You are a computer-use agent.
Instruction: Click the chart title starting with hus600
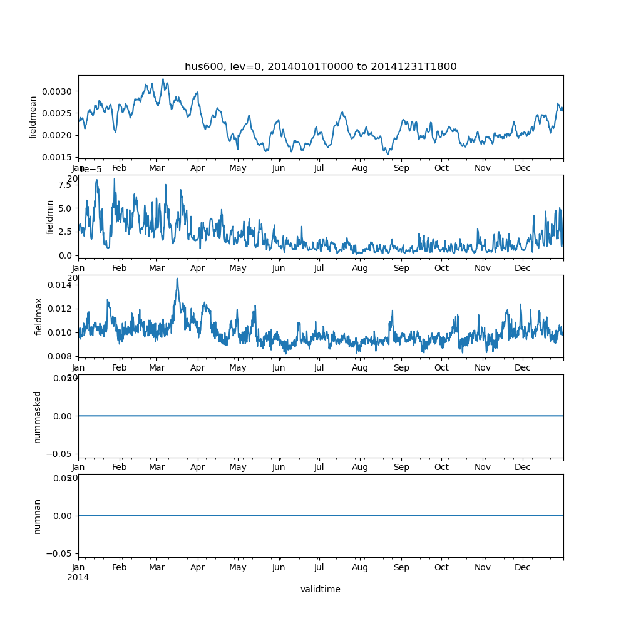[x=321, y=66]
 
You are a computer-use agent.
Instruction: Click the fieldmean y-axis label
[x=33, y=117]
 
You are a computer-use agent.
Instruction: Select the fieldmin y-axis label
[x=51, y=217]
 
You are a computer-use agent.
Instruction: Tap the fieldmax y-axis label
[x=39, y=316]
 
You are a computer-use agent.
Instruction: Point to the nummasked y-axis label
[x=38, y=416]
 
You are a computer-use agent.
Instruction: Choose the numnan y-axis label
[x=38, y=516]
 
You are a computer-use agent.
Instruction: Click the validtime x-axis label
[x=320, y=589]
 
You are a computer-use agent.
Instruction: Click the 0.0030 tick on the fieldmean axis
[x=57, y=91]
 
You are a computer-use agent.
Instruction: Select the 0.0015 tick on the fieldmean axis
[x=57, y=157]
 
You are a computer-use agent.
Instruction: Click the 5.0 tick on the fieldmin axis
[x=65, y=208]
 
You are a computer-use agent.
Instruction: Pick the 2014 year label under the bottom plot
[x=78, y=577]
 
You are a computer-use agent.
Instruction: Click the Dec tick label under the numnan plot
[x=523, y=567]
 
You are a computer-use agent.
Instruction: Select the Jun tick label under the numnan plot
[x=279, y=567]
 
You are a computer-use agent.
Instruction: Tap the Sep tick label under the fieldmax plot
[x=401, y=368]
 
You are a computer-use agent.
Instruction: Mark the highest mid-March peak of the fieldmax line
[x=177, y=279]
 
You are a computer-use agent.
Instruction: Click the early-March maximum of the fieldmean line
[x=163, y=80]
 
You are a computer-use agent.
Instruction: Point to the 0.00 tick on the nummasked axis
[x=61, y=416]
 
